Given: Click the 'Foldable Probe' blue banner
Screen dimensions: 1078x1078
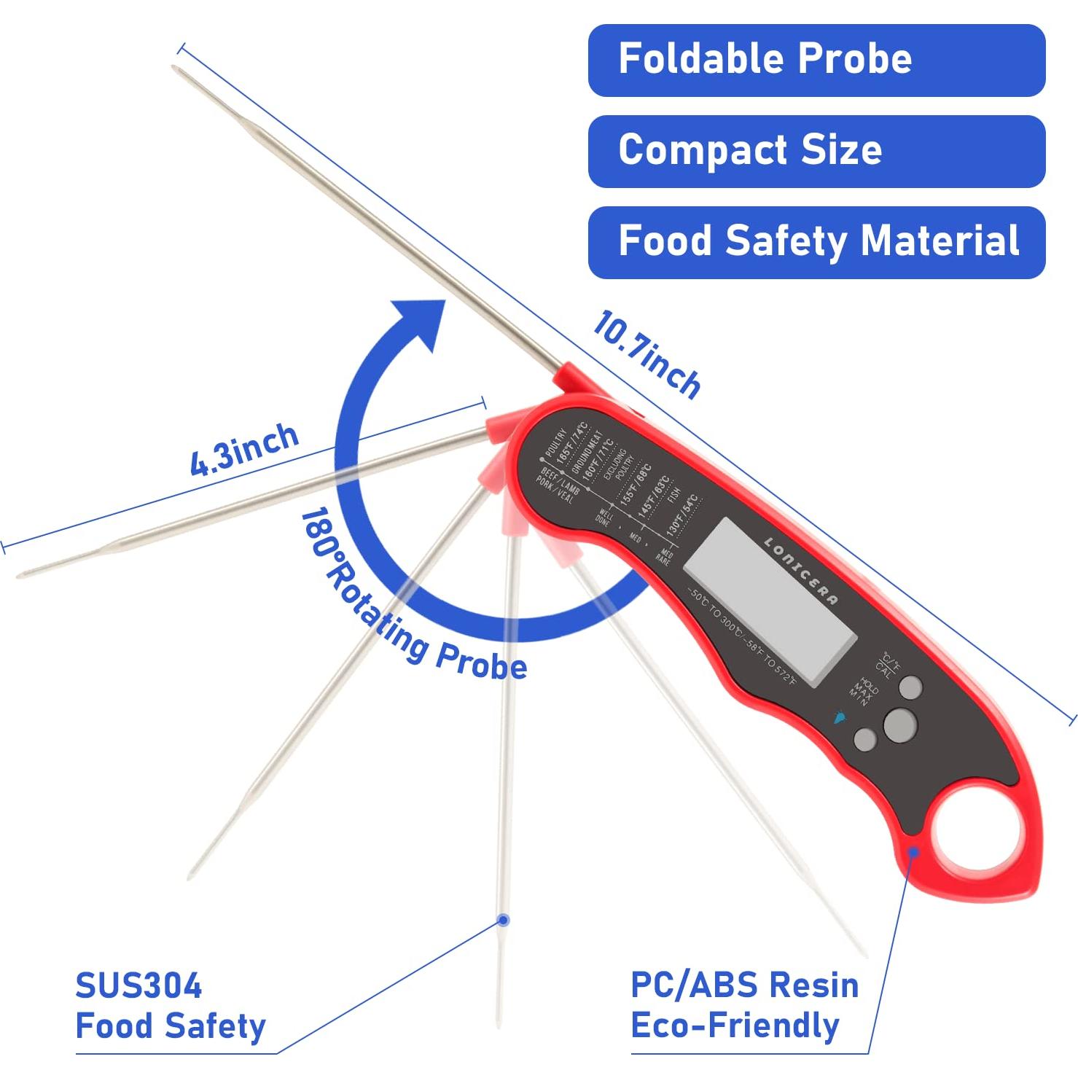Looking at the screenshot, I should click(816, 60).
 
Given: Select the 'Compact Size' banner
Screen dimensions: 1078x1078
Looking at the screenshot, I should click(816, 151).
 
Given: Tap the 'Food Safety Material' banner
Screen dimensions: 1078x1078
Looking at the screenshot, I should click(816, 242).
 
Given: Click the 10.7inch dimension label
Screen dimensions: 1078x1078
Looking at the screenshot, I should click(646, 354).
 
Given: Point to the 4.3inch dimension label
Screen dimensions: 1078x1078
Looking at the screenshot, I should click(244, 450).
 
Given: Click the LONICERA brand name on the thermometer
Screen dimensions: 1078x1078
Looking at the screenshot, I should click(800, 570).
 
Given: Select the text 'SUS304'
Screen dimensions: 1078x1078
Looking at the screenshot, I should click(138, 986).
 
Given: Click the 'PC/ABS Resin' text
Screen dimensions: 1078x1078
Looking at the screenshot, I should click(744, 985).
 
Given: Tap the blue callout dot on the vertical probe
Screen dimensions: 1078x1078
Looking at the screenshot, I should click(503, 921).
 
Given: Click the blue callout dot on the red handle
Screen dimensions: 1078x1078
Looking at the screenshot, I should click(913, 851).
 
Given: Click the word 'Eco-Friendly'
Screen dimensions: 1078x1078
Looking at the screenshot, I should click(735, 1025).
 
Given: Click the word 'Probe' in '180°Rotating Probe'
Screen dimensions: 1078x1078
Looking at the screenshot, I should click(481, 663).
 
